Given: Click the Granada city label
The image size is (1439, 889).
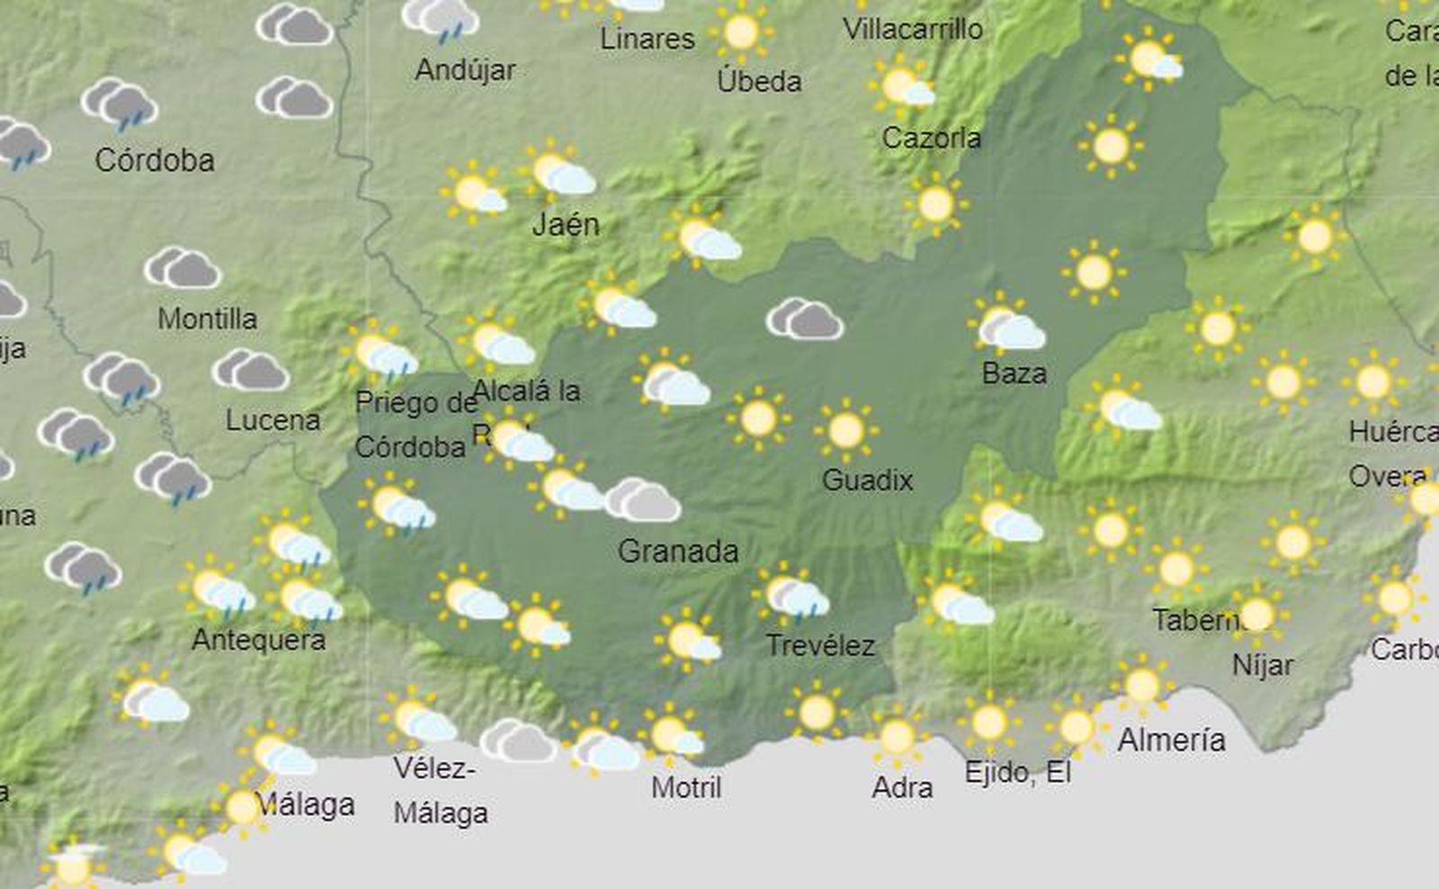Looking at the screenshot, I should pyautogui.click(x=678, y=551).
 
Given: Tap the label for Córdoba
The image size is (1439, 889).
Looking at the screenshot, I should pyautogui.click(x=155, y=160).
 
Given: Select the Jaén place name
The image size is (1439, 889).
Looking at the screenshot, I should pyautogui.click(x=566, y=224).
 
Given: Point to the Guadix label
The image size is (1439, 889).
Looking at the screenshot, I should pyautogui.click(x=867, y=480).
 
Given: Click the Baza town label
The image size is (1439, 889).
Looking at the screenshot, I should pyautogui.click(x=1014, y=373).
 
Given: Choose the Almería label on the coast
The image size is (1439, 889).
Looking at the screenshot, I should pyautogui.click(x=1171, y=740).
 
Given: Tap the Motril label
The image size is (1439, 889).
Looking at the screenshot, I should pyautogui.click(x=686, y=787).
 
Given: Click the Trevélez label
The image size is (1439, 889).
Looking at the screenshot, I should pyautogui.click(x=820, y=645).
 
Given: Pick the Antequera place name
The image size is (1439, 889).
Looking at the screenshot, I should pyautogui.click(x=258, y=640).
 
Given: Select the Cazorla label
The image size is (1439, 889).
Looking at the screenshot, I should pyautogui.click(x=931, y=138).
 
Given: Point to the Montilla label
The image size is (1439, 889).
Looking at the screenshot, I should pyautogui.click(x=207, y=319).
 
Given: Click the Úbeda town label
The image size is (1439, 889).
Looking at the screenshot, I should pyautogui.click(x=759, y=81).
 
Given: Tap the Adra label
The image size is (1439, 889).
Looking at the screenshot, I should pyautogui.click(x=902, y=787).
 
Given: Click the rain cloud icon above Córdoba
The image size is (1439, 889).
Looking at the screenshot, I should pyautogui.click(x=120, y=104).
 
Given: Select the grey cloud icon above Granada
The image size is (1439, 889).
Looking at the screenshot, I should pyautogui.click(x=642, y=500).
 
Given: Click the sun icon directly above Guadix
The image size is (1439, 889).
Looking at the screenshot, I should pyautogui.click(x=845, y=430).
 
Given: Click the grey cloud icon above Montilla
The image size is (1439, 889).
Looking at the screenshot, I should pyautogui.click(x=183, y=267).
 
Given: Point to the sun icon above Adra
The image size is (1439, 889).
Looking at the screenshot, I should pyautogui.click(x=897, y=737).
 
